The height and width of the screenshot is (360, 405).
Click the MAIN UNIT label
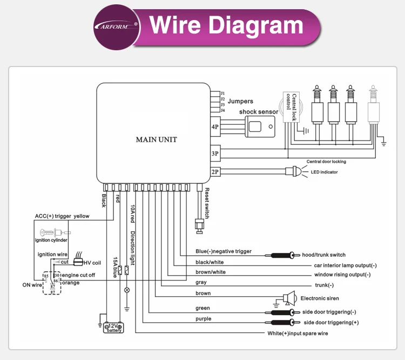(x=156, y=139)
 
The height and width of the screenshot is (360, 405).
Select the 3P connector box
(x=215, y=154)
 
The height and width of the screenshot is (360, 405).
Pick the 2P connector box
(x=215, y=172)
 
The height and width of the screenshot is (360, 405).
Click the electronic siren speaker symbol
(x=291, y=298)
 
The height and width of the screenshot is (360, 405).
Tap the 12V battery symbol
(x=114, y=327)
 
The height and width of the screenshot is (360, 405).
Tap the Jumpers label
(x=240, y=101)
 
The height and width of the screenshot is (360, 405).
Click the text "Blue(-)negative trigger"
(x=224, y=251)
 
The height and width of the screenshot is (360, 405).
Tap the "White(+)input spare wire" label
(x=298, y=334)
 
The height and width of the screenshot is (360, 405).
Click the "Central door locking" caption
(x=326, y=162)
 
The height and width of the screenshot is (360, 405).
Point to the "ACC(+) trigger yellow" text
(x=62, y=216)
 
